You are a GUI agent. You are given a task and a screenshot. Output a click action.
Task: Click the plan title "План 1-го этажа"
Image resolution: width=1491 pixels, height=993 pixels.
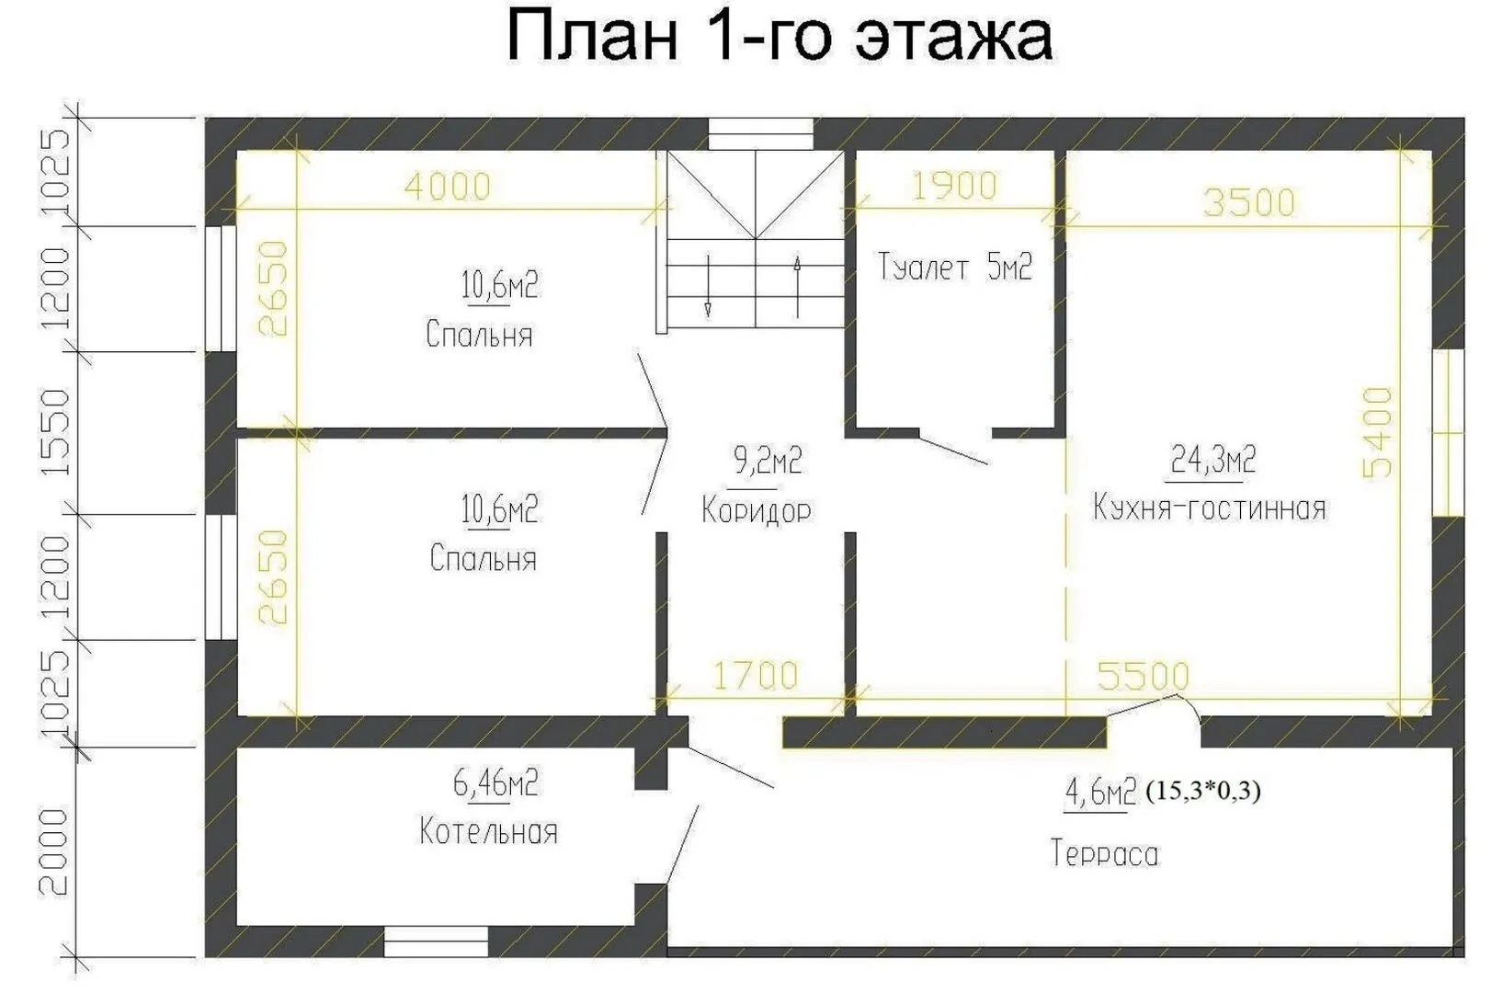(x=780, y=37)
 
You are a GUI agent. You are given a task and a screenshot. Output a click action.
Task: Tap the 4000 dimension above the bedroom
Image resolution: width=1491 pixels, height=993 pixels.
(x=448, y=187)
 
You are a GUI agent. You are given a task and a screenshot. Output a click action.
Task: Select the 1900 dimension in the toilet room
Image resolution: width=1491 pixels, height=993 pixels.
(x=954, y=186)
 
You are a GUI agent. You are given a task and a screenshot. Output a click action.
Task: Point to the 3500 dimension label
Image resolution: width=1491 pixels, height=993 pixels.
(x=1249, y=202)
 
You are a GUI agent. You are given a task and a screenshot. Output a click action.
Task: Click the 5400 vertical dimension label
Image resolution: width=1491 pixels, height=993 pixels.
(x=1377, y=432)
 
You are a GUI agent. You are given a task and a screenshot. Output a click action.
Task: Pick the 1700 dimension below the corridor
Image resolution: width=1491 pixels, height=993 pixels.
(x=755, y=675)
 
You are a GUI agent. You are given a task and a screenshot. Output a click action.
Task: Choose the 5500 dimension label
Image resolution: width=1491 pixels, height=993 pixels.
(x=1143, y=676)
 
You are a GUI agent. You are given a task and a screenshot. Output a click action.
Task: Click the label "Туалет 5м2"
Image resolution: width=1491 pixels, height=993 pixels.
(x=954, y=267)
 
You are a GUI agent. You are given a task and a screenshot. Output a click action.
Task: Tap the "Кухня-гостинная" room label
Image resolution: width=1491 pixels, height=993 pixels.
(x=1210, y=508)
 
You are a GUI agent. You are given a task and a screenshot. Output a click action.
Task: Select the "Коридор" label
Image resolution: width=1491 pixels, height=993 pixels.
(x=757, y=511)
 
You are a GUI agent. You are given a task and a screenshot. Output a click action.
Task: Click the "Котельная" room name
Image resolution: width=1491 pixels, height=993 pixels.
(x=488, y=832)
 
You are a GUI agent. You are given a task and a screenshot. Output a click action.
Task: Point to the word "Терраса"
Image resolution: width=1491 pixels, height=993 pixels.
(x=1104, y=854)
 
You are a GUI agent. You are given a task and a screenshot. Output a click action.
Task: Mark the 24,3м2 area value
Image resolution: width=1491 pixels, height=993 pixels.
(x=1212, y=460)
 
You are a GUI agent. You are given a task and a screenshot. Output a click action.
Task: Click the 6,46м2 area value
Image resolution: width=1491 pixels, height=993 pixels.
(x=495, y=783)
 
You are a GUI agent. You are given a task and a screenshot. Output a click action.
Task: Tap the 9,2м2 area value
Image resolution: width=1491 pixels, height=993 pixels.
(x=768, y=461)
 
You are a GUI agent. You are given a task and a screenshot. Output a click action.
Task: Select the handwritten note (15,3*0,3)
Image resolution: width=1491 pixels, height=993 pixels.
(x=1203, y=791)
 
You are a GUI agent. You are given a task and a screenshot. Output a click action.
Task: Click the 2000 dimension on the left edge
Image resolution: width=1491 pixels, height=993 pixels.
(x=54, y=851)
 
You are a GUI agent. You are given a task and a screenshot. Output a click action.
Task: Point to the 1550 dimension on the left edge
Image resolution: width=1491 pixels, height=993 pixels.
(x=54, y=432)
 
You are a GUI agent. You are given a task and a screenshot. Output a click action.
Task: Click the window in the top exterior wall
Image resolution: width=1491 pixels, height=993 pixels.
(x=760, y=134)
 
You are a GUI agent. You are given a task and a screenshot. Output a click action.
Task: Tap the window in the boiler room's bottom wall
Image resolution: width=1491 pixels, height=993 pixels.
(x=436, y=942)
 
